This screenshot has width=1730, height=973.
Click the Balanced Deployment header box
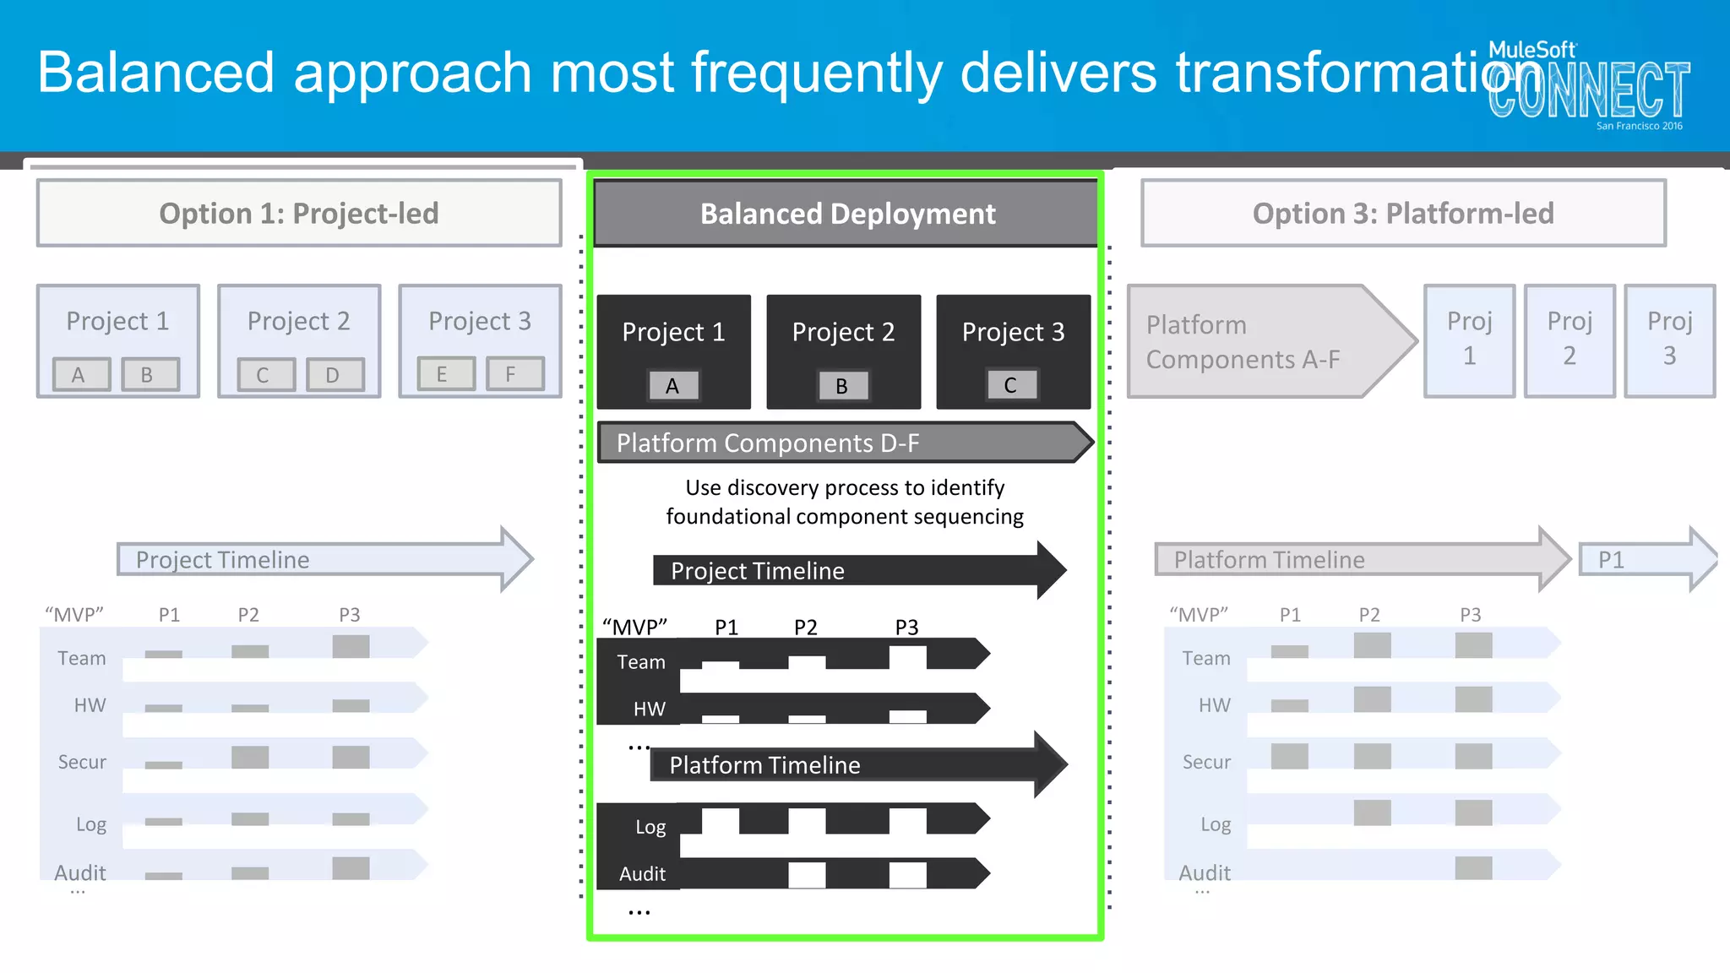[846, 214]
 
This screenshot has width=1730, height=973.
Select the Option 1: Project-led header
[299, 213]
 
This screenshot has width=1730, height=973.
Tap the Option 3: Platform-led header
[1402, 213]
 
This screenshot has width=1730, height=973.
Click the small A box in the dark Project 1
[672, 386]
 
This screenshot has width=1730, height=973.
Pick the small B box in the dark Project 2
[842, 386]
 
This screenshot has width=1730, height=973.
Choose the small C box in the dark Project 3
[1010, 385]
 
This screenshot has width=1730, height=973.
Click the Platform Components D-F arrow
[845, 443]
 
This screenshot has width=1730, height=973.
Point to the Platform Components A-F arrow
[1267, 341]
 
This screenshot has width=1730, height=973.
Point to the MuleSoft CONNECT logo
[1588, 84]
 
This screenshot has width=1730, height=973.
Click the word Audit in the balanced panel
[642, 874]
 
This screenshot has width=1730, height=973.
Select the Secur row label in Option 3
[1206, 762]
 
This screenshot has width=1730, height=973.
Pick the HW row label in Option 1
[90, 705]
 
